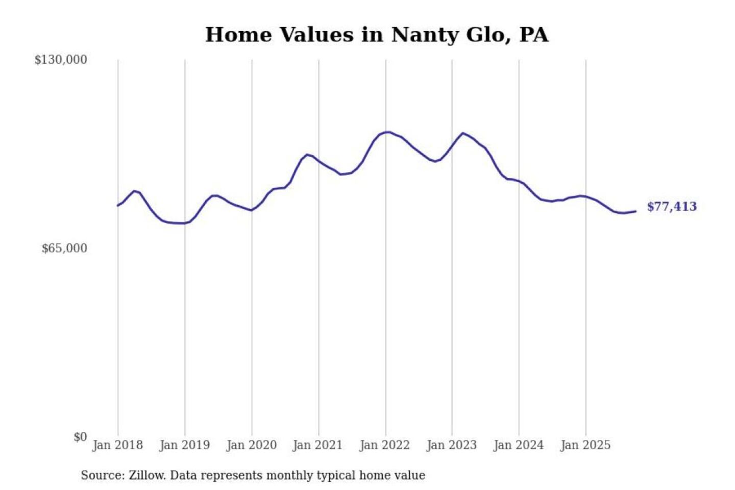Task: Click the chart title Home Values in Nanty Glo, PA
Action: click(377, 35)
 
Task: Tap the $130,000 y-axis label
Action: click(61, 60)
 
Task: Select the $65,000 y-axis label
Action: click(64, 249)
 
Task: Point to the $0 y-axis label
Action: click(80, 437)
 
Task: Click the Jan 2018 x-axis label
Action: click(117, 445)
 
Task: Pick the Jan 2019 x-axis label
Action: click(184, 445)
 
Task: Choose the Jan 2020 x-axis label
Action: click(251, 445)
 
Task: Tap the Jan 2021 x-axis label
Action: click(317, 445)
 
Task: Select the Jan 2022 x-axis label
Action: click(384, 445)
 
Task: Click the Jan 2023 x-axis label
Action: click(451, 445)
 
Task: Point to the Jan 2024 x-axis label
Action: click(518, 445)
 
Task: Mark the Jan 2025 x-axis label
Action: click(585, 445)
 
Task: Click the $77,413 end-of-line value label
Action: click(672, 207)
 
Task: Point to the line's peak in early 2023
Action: click(463, 133)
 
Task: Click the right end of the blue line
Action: click(635, 211)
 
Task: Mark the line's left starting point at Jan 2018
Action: click(118, 206)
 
